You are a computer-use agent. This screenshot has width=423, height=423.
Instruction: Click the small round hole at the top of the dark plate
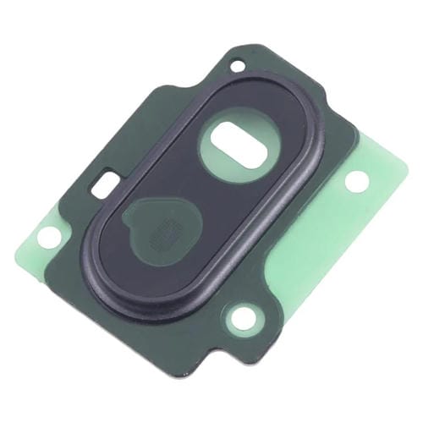coord(238,64)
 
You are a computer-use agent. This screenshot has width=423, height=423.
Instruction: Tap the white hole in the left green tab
coord(48,238)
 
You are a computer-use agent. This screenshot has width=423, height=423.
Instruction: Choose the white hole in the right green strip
coord(356,180)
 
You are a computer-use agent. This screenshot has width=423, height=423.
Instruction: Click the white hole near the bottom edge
coord(244,318)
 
